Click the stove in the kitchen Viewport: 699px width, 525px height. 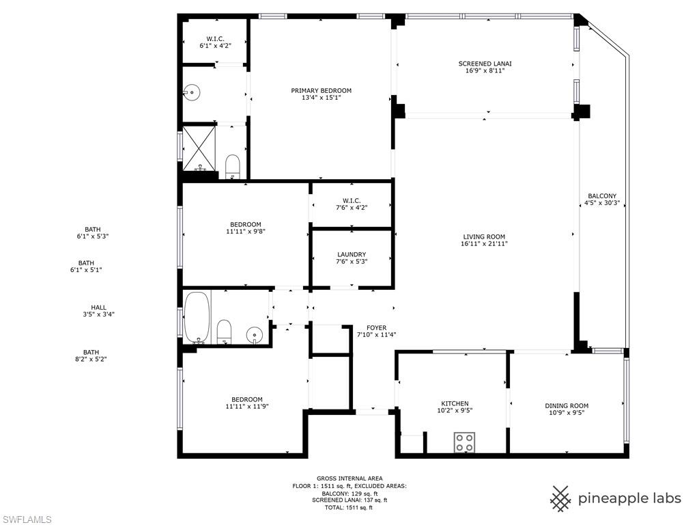(x=465, y=442)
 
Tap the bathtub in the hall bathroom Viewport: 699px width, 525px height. (x=197, y=317)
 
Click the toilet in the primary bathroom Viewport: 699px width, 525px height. (x=233, y=165)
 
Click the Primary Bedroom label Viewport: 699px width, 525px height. (x=321, y=91)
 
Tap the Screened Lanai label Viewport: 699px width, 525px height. (x=485, y=64)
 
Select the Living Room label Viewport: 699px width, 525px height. (x=484, y=237)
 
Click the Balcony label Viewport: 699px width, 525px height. (x=601, y=196)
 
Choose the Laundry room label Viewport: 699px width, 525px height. (x=351, y=254)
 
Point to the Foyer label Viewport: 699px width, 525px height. (x=376, y=327)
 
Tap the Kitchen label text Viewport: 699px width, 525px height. (x=455, y=403)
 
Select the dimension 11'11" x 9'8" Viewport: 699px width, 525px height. (x=245, y=232)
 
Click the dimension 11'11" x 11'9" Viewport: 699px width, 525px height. (x=246, y=407)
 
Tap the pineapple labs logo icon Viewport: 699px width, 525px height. (x=560, y=498)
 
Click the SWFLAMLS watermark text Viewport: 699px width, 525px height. (x=26, y=520)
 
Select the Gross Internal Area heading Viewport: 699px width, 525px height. (x=349, y=479)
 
